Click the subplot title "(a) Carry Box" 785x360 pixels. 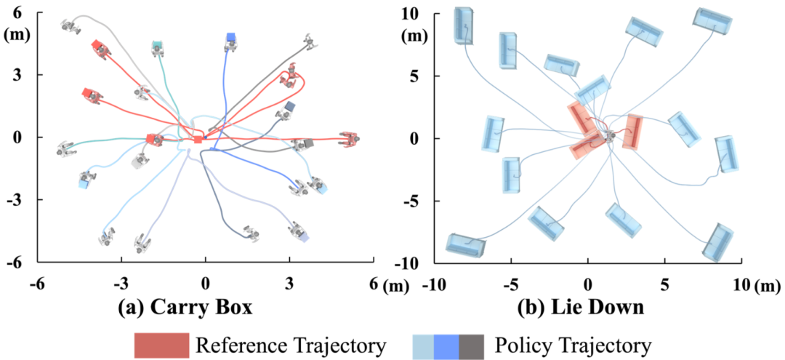pyautogui.click(x=185, y=308)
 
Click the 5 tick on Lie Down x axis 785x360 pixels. pyautogui.click(x=664, y=283)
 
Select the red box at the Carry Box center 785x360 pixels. pyautogui.click(x=198, y=139)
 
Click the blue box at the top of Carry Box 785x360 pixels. pyautogui.click(x=230, y=37)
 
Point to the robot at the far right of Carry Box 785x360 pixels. pyautogui.click(x=349, y=139)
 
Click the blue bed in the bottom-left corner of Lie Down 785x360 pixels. pyautogui.click(x=465, y=245)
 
